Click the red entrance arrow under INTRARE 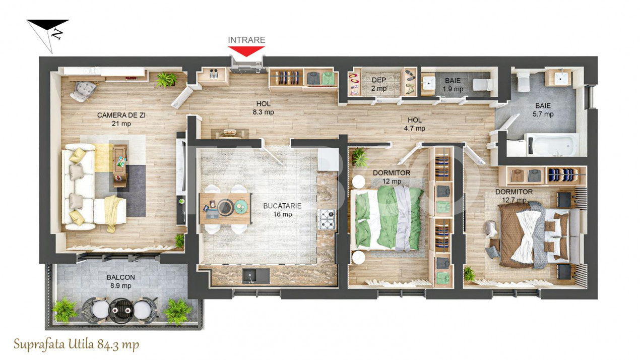click(x=246, y=51)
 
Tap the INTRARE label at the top click(x=246, y=40)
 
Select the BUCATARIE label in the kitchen click(x=282, y=206)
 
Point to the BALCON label click(x=120, y=277)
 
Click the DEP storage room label click(x=378, y=80)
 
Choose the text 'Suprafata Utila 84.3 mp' click(x=76, y=345)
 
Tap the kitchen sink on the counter click(x=256, y=275)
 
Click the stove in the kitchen click(x=326, y=220)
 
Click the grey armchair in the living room click(x=83, y=91)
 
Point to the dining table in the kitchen click(x=225, y=208)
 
